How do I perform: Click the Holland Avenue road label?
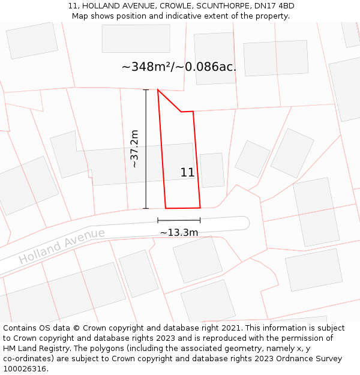coord(62,246)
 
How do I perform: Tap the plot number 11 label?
coord(187,173)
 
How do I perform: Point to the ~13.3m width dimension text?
coord(179,233)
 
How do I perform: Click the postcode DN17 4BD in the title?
coord(274,6)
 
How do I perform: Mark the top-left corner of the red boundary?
coord(158,90)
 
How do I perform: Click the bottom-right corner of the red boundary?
coord(200,208)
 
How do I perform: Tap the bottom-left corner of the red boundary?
coord(166,208)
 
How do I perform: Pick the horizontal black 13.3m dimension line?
coord(179,220)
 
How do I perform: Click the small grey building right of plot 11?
coord(212,170)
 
